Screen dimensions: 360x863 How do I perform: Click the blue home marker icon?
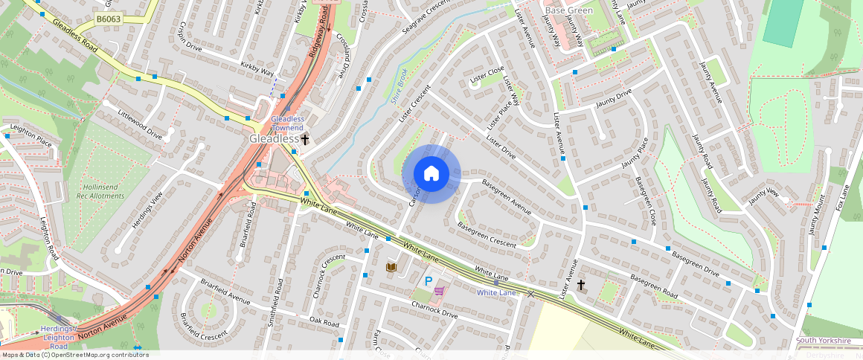(x=431, y=174)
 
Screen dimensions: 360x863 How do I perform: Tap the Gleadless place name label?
(x=273, y=139)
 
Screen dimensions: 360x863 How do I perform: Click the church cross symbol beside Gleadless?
(x=305, y=139)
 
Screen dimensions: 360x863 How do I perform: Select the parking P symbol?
(x=428, y=281)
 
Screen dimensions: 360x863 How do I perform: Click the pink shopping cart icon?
(x=440, y=291)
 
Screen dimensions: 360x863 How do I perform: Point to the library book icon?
(x=391, y=267)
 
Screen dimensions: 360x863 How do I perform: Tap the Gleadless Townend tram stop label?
(x=287, y=123)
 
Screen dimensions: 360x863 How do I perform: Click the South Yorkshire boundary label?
(x=823, y=341)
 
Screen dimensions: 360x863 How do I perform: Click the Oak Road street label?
(x=324, y=322)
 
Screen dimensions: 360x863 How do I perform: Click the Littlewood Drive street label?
(x=140, y=125)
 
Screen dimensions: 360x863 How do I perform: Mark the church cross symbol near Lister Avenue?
(x=581, y=285)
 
